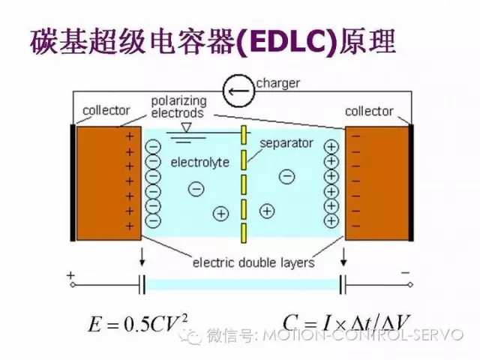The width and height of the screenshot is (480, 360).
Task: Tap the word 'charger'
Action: pos(277,83)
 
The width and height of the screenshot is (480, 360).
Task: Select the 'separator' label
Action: pos(286,143)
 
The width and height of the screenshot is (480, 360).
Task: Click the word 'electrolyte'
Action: pos(200,162)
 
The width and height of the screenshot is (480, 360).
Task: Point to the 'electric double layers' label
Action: pos(253,262)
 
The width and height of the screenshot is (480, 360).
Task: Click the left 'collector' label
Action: pos(106,110)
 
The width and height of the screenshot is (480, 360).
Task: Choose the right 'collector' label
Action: pos(369,112)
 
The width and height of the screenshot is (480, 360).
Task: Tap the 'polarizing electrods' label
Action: pos(178,106)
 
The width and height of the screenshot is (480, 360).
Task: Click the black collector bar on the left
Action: pos(73,183)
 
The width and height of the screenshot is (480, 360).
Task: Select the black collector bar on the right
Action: pos(411,183)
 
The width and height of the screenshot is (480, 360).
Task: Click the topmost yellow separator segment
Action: pos(244,135)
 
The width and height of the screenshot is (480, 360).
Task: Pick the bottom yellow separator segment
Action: pos(244,233)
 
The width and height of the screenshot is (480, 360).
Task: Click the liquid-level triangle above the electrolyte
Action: pos(186,127)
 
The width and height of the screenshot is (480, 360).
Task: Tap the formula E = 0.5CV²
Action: pos(137,323)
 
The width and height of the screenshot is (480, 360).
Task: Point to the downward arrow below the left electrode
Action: pos(142,257)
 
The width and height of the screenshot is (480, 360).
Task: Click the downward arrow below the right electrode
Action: pos(343,257)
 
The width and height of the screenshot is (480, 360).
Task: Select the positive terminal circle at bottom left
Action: pos(73,285)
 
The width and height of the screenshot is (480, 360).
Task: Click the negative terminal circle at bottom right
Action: pos(410,285)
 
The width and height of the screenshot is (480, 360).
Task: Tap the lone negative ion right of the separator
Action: pos(286,176)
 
